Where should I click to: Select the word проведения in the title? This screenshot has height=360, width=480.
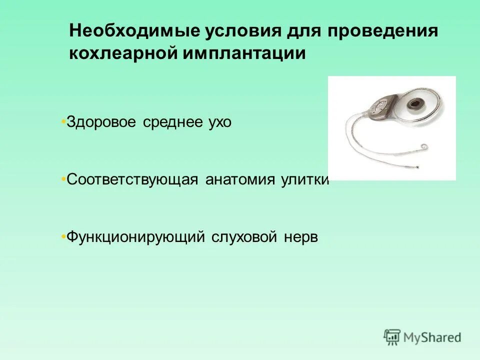point(382,31)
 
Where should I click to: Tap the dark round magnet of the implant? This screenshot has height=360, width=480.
point(413,104)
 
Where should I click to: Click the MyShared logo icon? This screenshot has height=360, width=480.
point(392,337)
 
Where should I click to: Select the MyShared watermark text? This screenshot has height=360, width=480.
point(433,338)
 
